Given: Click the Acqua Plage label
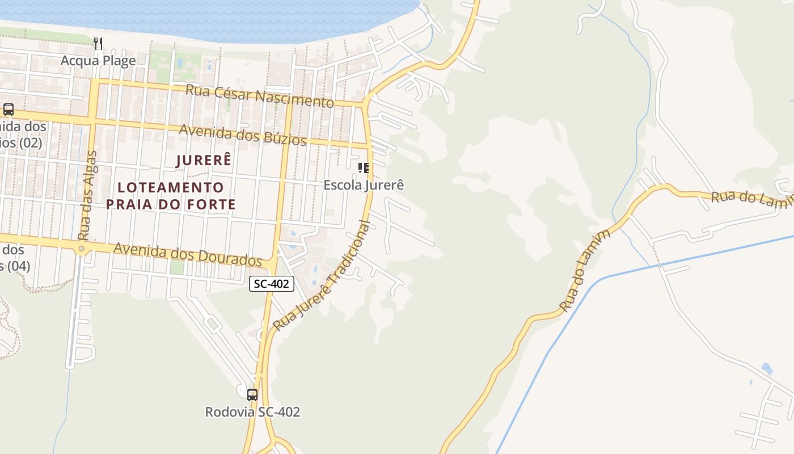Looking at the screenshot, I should pos(98,61).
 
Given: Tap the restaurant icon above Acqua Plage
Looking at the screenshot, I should pos(98,43).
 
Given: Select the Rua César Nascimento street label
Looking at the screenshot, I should pos(260,96).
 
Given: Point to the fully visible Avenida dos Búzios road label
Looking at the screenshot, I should pos(243,134).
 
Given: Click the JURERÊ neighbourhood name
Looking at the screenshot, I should pos(204,161).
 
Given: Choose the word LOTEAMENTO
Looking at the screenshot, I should pos(171,187).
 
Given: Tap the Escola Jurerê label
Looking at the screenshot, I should pos(364,185).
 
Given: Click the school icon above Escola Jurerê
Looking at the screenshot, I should pos(364,168).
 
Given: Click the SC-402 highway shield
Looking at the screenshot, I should pos(272,284).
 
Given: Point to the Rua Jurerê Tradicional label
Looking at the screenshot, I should pos(322,275).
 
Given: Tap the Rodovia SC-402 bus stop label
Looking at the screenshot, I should pos(252,413).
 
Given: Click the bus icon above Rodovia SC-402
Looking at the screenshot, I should pos(252,394).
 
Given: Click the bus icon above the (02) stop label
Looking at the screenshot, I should pos(8,110).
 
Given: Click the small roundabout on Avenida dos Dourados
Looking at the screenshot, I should pos(82,249).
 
